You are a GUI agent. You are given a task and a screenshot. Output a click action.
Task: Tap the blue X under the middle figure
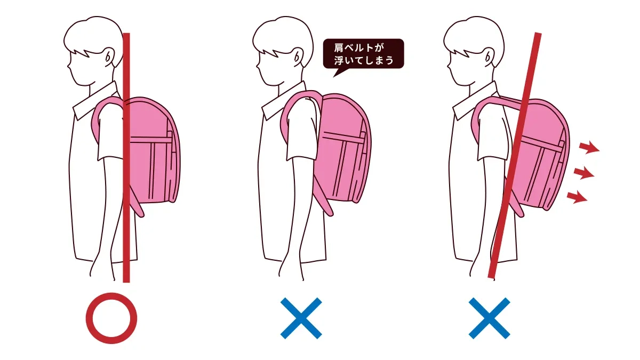(x=301, y=318)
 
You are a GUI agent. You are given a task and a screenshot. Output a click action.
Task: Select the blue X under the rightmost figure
(x=490, y=318)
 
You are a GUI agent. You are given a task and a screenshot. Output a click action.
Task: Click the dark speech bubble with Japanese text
(x=363, y=54)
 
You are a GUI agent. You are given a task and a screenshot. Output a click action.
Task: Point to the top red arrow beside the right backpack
(x=589, y=148)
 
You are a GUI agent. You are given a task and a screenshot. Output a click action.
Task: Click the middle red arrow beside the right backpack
(x=584, y=173)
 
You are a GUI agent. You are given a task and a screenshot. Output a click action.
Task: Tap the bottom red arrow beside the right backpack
(x=577, y=197)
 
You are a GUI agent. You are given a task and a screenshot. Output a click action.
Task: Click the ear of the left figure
(x=109, y=57)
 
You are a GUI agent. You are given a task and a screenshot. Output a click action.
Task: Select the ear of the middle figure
(x=298, y=57)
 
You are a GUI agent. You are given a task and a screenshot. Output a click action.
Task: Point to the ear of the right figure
(x=489, y=57)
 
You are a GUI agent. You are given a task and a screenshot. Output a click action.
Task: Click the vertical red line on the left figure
(x=126, y=158)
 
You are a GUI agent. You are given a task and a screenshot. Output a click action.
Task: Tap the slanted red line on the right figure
(x=514, y=155)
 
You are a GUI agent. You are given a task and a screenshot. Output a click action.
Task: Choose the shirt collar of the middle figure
(x=284, y=101)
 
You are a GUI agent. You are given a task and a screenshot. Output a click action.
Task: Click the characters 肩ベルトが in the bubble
(x=359, y=47)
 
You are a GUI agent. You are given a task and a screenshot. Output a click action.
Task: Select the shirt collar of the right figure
(x=475, y=101)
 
